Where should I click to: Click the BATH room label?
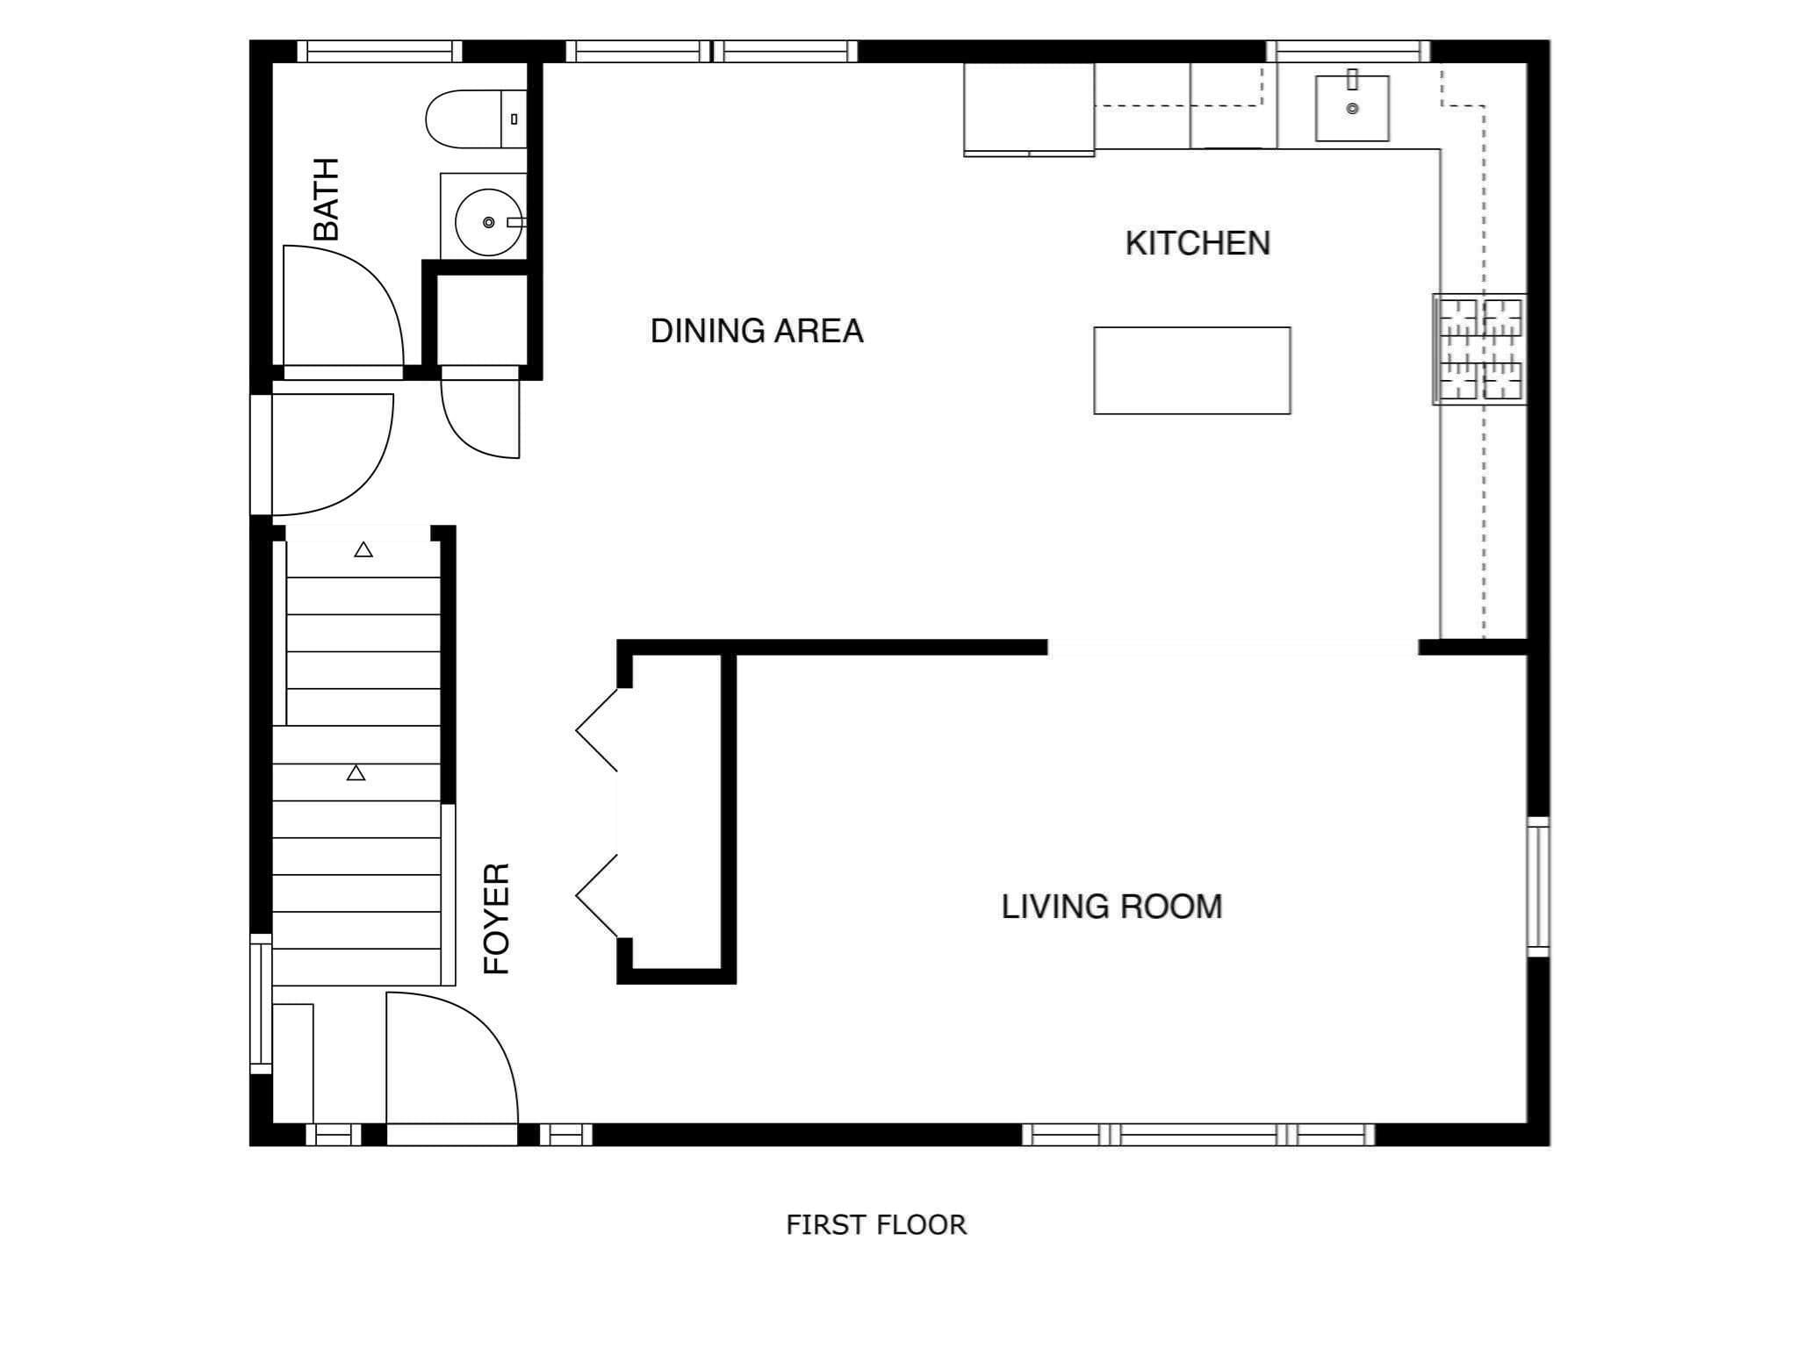326,199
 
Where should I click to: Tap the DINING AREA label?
757,331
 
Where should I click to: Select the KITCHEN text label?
1197,243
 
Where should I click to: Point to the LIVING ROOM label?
1111,907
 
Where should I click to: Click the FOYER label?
497,918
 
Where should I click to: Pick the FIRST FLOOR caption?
876,1224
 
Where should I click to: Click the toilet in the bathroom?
476,118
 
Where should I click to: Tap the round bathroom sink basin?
487,222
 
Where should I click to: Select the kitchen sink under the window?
1352,108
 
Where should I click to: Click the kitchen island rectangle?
1192,370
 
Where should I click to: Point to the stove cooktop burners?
1479,348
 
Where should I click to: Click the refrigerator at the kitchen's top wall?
1029,110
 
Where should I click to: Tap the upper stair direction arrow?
363,550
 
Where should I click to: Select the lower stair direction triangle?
356,773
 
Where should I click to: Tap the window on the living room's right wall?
1538,886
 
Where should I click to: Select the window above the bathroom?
379,51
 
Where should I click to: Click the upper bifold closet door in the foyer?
597,730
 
